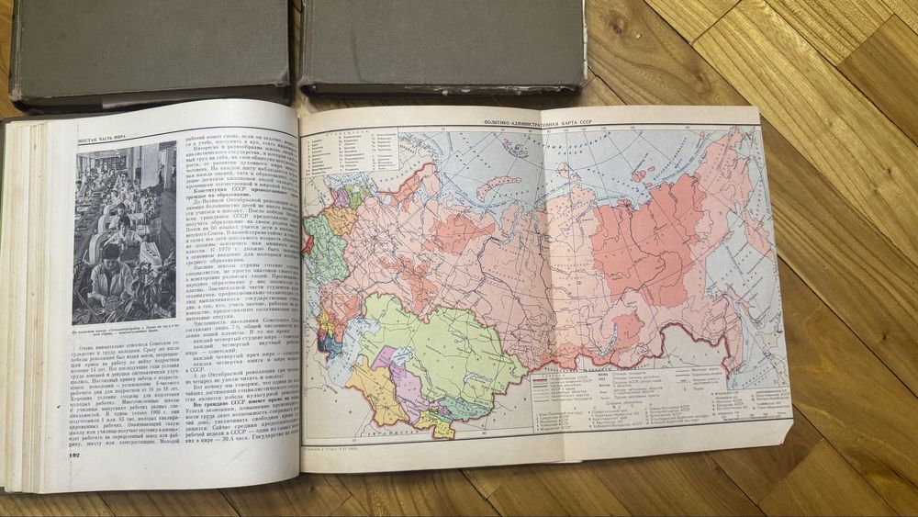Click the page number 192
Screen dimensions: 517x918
[x=80, y=455]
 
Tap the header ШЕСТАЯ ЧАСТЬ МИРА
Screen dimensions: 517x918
[x=89, y=140]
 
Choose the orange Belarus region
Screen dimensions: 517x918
[x=339, y=220]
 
